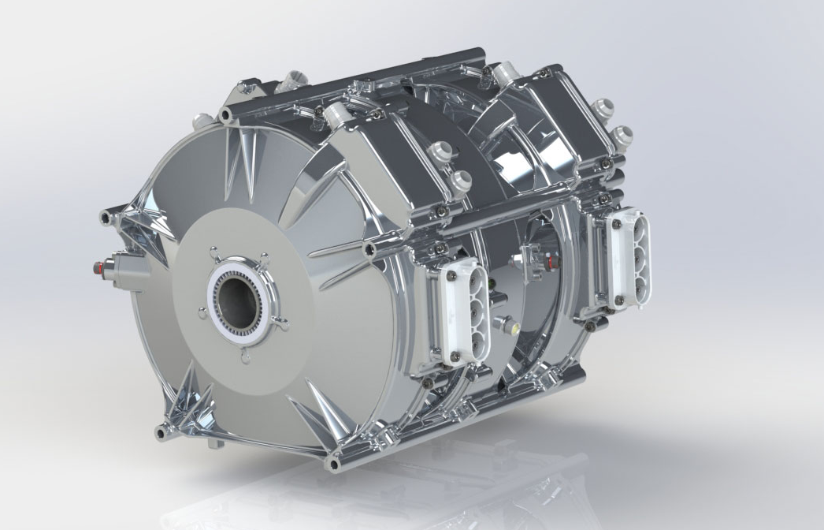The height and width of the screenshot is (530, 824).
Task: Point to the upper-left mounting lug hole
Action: click(226, 116)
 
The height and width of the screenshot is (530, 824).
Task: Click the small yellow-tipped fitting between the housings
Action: click(508, 324)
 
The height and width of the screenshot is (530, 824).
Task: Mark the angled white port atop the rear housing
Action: click(505, 74)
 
